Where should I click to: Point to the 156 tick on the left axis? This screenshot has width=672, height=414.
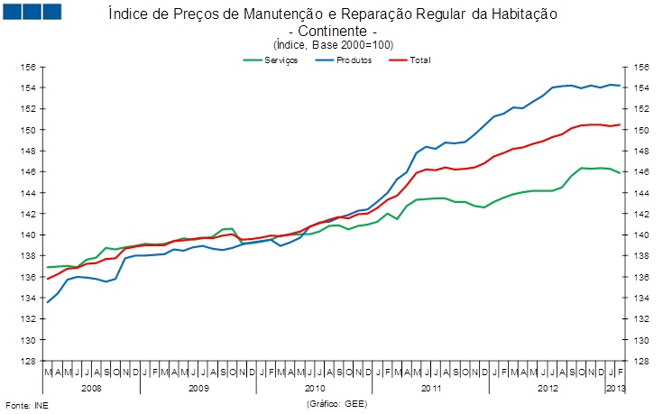[28, 68]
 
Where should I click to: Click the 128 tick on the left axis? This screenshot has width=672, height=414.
[28, 361]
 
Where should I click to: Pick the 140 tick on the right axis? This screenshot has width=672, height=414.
[641, 235]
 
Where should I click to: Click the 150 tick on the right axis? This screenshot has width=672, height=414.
[641, 130]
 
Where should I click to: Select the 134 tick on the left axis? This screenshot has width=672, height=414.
[28, 299]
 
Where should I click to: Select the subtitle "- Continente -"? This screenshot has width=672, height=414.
[332, 31]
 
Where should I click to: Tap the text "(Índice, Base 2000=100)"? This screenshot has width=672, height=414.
[333, 44]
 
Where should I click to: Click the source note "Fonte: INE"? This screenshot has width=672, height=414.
[27, 406]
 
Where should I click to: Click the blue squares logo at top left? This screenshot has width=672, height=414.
[32, 11]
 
